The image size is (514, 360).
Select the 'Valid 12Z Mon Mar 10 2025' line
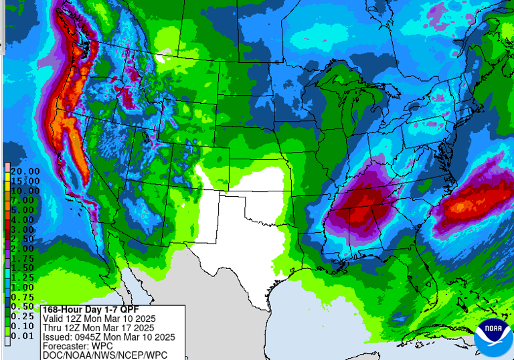98,319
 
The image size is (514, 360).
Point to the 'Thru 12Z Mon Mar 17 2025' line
98,328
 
